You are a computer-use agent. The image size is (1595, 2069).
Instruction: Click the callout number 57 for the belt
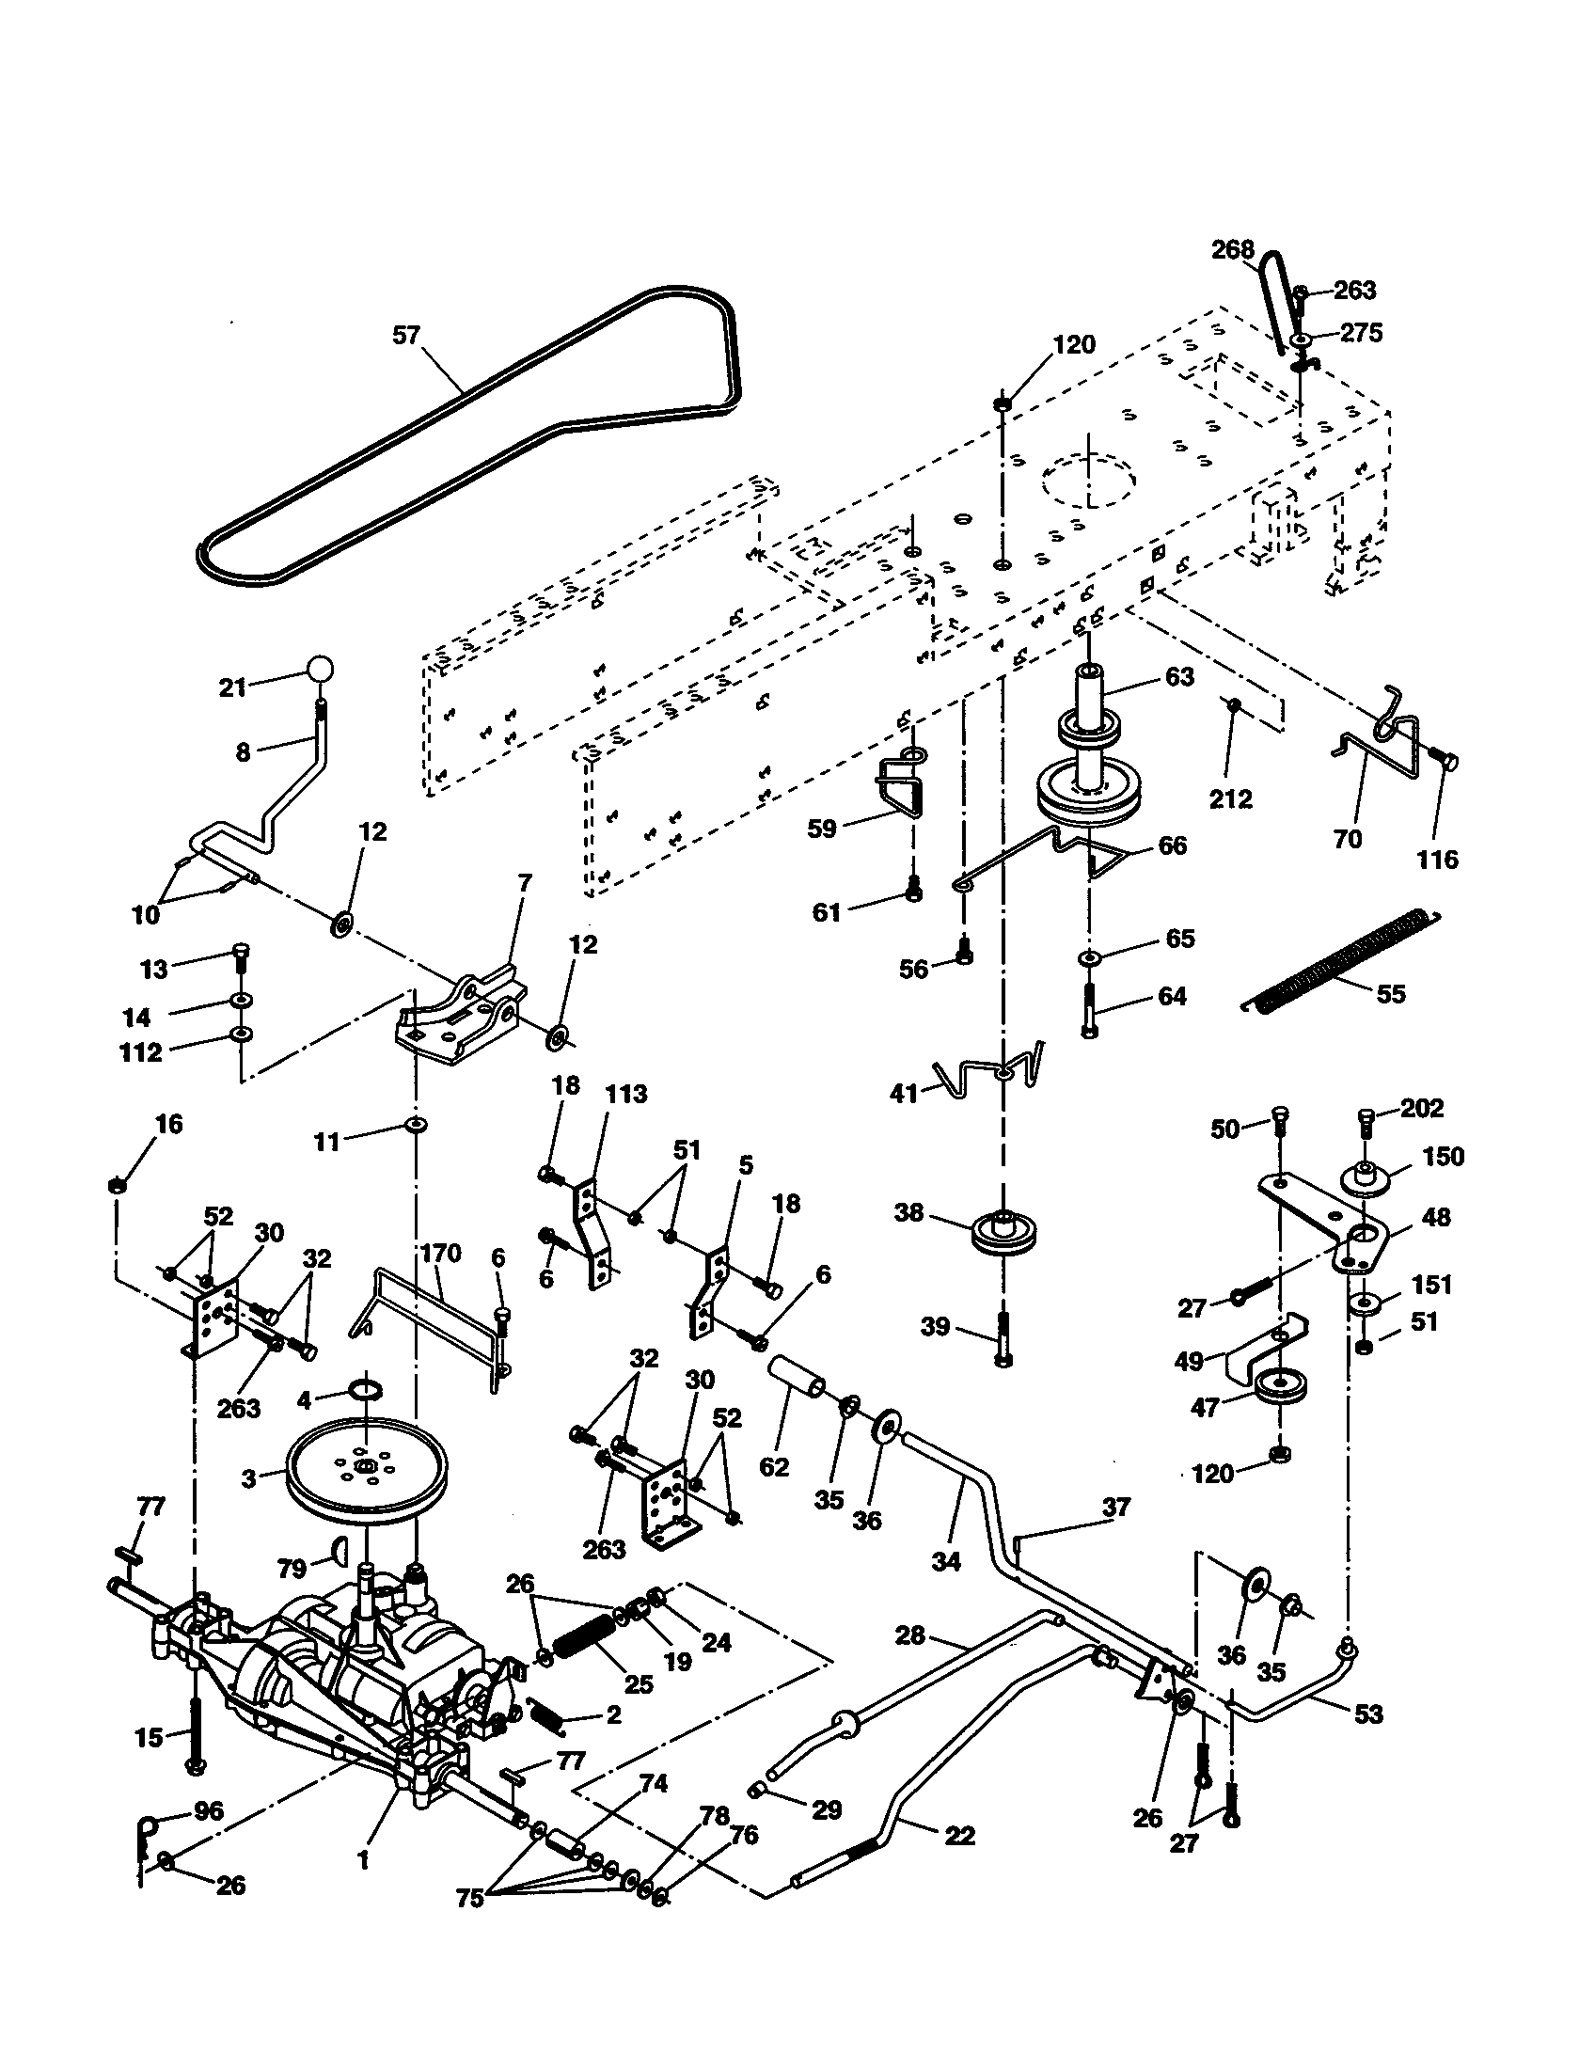[x=405, y=336]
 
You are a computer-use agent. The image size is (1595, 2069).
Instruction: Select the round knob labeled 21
[x=320, y=669]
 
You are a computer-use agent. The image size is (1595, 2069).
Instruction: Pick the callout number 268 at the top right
[x=1232, y=250]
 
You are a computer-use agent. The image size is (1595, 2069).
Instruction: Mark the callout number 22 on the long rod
[x=959, y=1835]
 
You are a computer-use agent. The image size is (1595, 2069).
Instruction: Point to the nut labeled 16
[x=118, y=1184]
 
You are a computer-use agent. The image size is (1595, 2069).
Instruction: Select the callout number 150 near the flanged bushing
[x=1444, y=1157]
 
